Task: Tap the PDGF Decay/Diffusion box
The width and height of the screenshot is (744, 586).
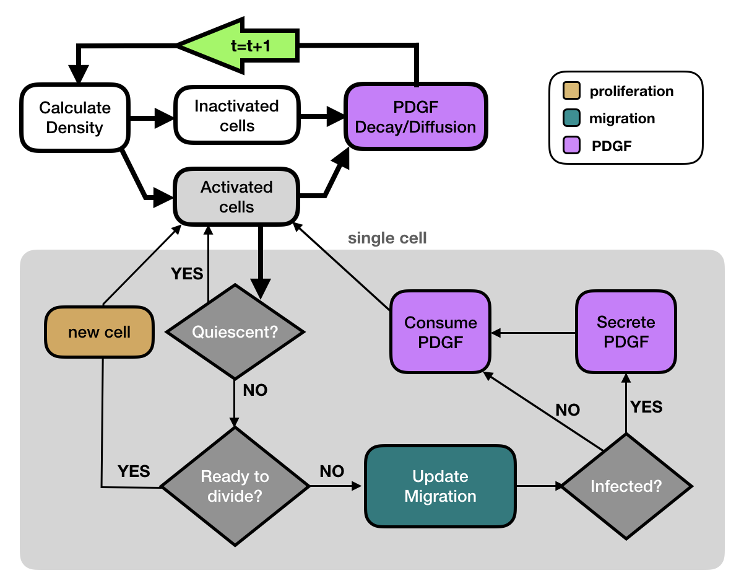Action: coord(416,117)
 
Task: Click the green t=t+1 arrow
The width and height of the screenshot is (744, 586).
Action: coord(238,46)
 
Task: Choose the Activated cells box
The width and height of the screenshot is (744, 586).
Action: coord(236,196)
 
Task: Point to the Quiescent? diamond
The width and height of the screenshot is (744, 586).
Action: coord(235,332)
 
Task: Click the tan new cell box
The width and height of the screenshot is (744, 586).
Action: coord(99,333)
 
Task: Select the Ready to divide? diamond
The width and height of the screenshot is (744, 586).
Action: coord(235,486)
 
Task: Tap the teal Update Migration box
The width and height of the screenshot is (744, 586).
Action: coord(440,486)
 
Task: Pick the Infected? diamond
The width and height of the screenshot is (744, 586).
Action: coord(626,486)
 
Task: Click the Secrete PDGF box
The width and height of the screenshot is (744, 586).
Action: coord(625,332)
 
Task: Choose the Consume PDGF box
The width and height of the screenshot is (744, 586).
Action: coord(440,332)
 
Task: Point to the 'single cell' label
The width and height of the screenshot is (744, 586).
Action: coord(387,238)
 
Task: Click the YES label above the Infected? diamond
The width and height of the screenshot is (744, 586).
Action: coord(646,407)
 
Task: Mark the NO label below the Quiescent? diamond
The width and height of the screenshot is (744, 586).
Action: coord(255,391)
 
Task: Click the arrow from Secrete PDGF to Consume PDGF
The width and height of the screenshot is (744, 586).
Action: coord(534,333)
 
